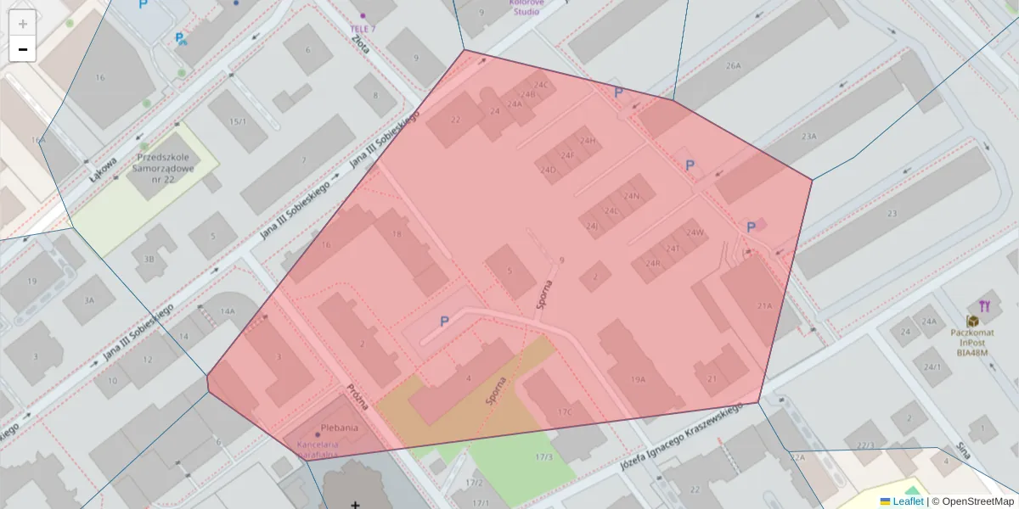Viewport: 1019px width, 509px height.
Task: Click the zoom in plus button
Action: tap(23, 24)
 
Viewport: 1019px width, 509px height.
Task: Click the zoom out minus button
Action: tap(23, 49)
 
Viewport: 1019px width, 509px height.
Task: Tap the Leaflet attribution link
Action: tap(908, 501)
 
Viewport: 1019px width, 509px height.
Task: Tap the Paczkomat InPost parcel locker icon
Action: tap(969, 322)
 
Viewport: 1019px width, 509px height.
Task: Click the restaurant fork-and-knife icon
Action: tap(984, 305)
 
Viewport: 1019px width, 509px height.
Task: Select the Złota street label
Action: tap(361, 43)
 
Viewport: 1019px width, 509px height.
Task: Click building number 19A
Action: tap(639, 380)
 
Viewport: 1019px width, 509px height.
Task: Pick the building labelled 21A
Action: tap(764, 305)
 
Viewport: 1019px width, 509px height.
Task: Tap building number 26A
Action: tap(733, 65)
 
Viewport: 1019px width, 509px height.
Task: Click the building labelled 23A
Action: tap(808, 136)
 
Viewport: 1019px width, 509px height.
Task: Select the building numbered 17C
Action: tap(565, 412)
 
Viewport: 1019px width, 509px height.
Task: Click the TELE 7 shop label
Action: tap(363, 29)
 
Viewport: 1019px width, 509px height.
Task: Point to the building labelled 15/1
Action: tap(238, 121)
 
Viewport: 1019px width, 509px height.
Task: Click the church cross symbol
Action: tap(355, 504)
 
